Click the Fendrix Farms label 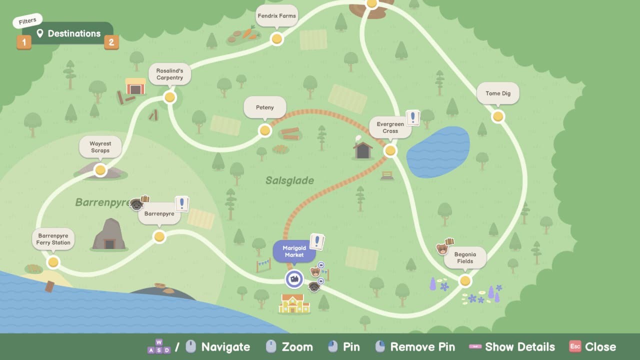[x=276, y=16]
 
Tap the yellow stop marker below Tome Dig [x=497, y=116]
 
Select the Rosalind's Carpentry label [x=169, y=74]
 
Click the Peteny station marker [x=265, y=130]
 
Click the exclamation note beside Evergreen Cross [x=412, y=118]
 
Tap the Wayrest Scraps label [x=100, y=147]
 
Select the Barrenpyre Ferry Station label [x=53, y=239]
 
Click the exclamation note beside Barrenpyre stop [x=182, y=203]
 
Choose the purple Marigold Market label [x=294, y=251]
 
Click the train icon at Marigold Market [x=294, y=278]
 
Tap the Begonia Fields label [x=465, y=257]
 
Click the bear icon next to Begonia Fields [x=442, y=248]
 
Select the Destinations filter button [x=68, y=33]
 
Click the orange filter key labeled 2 [x=111, y=42]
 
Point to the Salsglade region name [x=289, y=180]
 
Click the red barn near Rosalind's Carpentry [x=135, y=86]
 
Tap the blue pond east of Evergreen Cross [x=438, y=152]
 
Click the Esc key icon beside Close [x=575, y=346]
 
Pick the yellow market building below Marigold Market [x=294, y=303]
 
